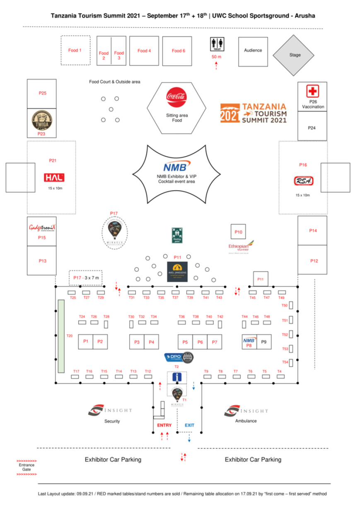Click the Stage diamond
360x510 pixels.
click(x=295, y=55)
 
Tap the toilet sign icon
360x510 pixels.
click(x=217, y=44)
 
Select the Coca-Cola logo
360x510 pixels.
click(x=176, y=97)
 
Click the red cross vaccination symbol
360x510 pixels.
click(x=312, y=91)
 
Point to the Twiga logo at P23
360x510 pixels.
click(x=42, y=121)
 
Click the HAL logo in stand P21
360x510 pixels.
click(x=54, y=177)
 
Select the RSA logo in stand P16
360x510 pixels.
click(x=303, y=181)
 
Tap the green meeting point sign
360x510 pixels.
click(x=177, y=235)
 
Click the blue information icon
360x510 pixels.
click(x=177, y=377)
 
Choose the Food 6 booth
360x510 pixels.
click(x=177, y=51)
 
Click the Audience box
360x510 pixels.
click(x=253, y=51)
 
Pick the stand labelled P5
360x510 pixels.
click(x=185, y=342)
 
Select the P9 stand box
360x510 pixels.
click(x=264, y=342)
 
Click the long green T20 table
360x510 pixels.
click(x=61, y=336)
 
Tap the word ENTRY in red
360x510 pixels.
click(x=164, y=425)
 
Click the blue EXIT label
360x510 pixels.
click(x=189, y=425)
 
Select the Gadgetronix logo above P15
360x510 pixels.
click(x=42, y=228)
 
